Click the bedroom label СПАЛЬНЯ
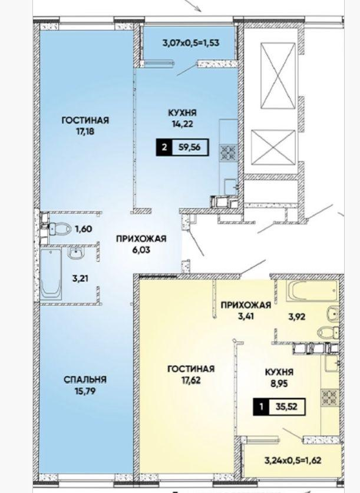click(x=85, y=379)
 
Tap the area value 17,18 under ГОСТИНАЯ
click(x=85, y=132)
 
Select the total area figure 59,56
click(x=189, y=147)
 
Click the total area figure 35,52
click(x=286, y=406)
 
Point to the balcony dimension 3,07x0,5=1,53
click(x=191, y=42)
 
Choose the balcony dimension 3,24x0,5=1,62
click(x=293, y=461)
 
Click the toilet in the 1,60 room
click(x=60, y=229)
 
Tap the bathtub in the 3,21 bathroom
click(x=51, y=273)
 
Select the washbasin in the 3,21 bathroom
click(x=75, y=253)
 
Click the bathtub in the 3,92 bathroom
click(x=312, y=290)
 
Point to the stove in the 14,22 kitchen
click(x=229, y=152)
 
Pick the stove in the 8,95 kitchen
click(x=329, y=397)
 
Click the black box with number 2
click(x=164, y=147)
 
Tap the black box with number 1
click(x=261, y=407)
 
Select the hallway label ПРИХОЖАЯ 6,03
click(x=141, y=244)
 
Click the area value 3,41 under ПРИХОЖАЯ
click(x=246, y=316)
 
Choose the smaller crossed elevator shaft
click(x=273, y=147)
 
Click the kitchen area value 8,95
click(x=279, y=383)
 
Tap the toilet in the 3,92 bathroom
click(x=327, y=332)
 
